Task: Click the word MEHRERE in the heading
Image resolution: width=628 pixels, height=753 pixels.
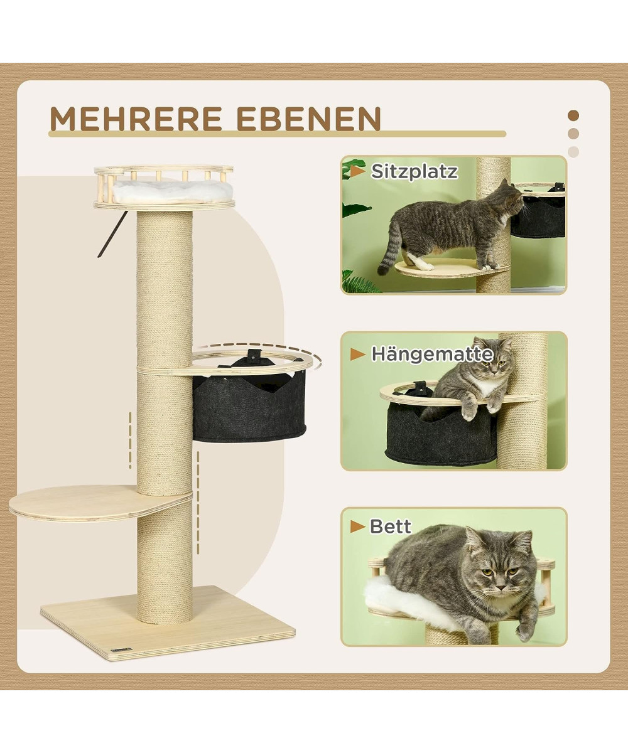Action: [136, 119]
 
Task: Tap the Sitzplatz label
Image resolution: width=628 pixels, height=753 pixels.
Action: [414, 172]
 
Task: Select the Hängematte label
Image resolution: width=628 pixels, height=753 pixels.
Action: [432, 354]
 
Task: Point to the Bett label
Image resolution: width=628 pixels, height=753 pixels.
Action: [390, 527]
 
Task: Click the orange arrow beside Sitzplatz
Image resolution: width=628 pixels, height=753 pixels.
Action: [358, 171]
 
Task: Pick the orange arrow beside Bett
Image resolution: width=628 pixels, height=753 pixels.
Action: [357, 527]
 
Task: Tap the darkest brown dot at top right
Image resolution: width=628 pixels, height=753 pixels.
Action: [573, 115]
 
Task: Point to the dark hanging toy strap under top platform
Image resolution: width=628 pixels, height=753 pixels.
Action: [112, 234]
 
